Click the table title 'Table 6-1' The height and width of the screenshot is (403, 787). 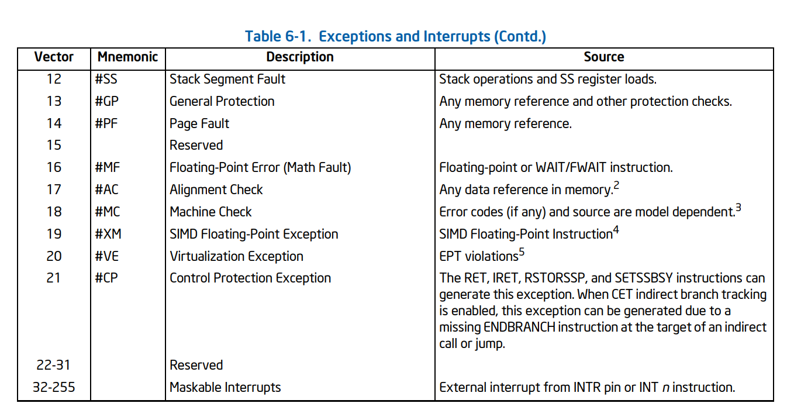pos(278,36)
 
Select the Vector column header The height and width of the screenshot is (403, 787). pos(54,57)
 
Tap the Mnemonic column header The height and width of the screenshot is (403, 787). pos(127,57)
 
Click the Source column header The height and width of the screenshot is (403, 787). pos(604,57)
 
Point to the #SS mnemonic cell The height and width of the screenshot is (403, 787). pos(106,79)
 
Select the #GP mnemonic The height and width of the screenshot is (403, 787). pos(106,101)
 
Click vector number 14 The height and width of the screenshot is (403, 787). pos(54,123)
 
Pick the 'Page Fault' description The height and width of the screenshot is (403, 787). pos(199,123)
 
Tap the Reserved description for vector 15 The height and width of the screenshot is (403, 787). pos(196,145)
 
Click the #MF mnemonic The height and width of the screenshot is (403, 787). pos(107,167)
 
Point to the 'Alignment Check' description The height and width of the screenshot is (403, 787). pos(216,190)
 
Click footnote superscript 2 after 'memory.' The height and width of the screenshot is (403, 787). pos(616,185)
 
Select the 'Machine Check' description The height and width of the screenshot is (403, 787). pos(210,212)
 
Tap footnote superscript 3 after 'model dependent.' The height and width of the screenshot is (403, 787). pos(738,207)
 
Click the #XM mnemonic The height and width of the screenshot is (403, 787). pos(108,234)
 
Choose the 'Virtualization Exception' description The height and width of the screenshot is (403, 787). pos(236,257)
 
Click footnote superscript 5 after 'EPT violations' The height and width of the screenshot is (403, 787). pos(522,252)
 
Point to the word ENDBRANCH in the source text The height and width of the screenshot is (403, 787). pos(519,327)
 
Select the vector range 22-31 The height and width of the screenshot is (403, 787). pos(53,365)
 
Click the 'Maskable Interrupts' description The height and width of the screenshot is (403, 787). pos(225,387)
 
